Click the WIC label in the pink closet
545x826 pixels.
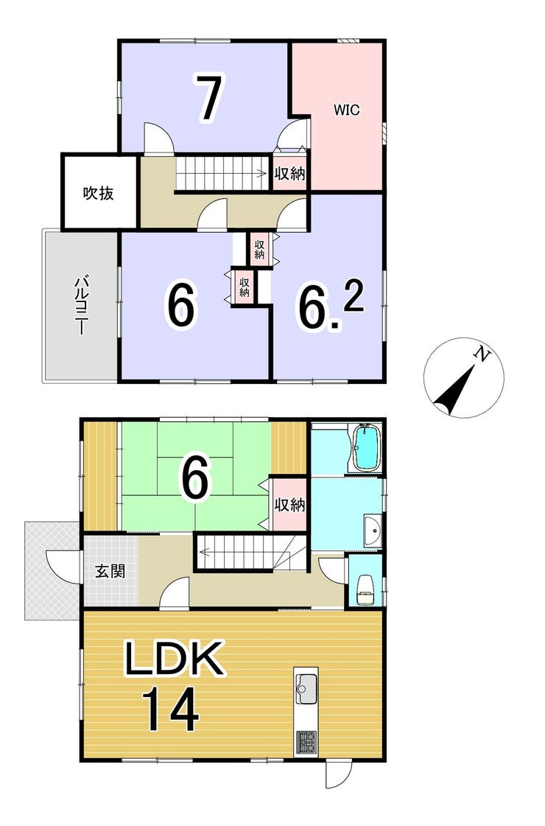[x=346, y=110]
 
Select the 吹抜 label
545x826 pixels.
[x=99, y=193]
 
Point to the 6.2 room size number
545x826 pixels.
[x=331, y=306]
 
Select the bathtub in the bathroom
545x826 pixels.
[x=367, y=448]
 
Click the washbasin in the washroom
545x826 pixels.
[x=373, y=530]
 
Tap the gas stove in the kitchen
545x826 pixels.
[x=306, y=743]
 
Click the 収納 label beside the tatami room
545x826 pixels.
[x=289, y=505]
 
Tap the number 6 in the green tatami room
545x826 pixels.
[x=194, y=478]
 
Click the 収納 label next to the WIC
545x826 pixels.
[x=290, y=172]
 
